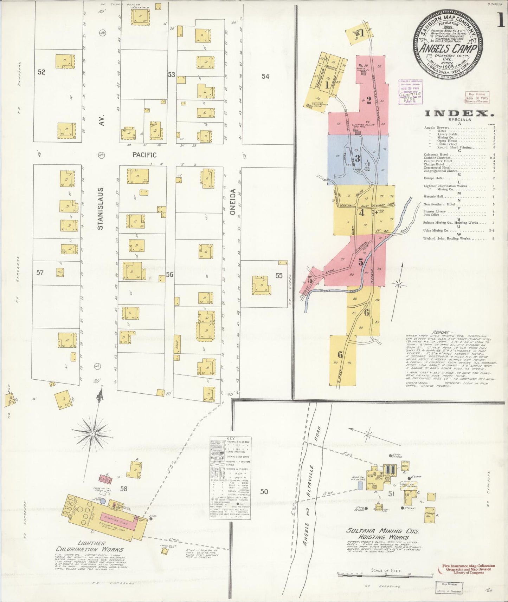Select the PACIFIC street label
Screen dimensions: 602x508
click(x=144, y=155)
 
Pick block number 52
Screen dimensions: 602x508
click(x=41, y=72)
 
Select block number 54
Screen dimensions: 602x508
click(x=265, y=76)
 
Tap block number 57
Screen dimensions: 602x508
click(x=40, y=273)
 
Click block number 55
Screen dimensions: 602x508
click(x=279, y=276)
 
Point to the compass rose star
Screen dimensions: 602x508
click(x=92, y=434)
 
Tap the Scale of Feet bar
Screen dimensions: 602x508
click(x=385, y=575)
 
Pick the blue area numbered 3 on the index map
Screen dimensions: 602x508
click(x=357, y=159)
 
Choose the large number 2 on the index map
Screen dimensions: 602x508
click(x=368, y=100)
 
